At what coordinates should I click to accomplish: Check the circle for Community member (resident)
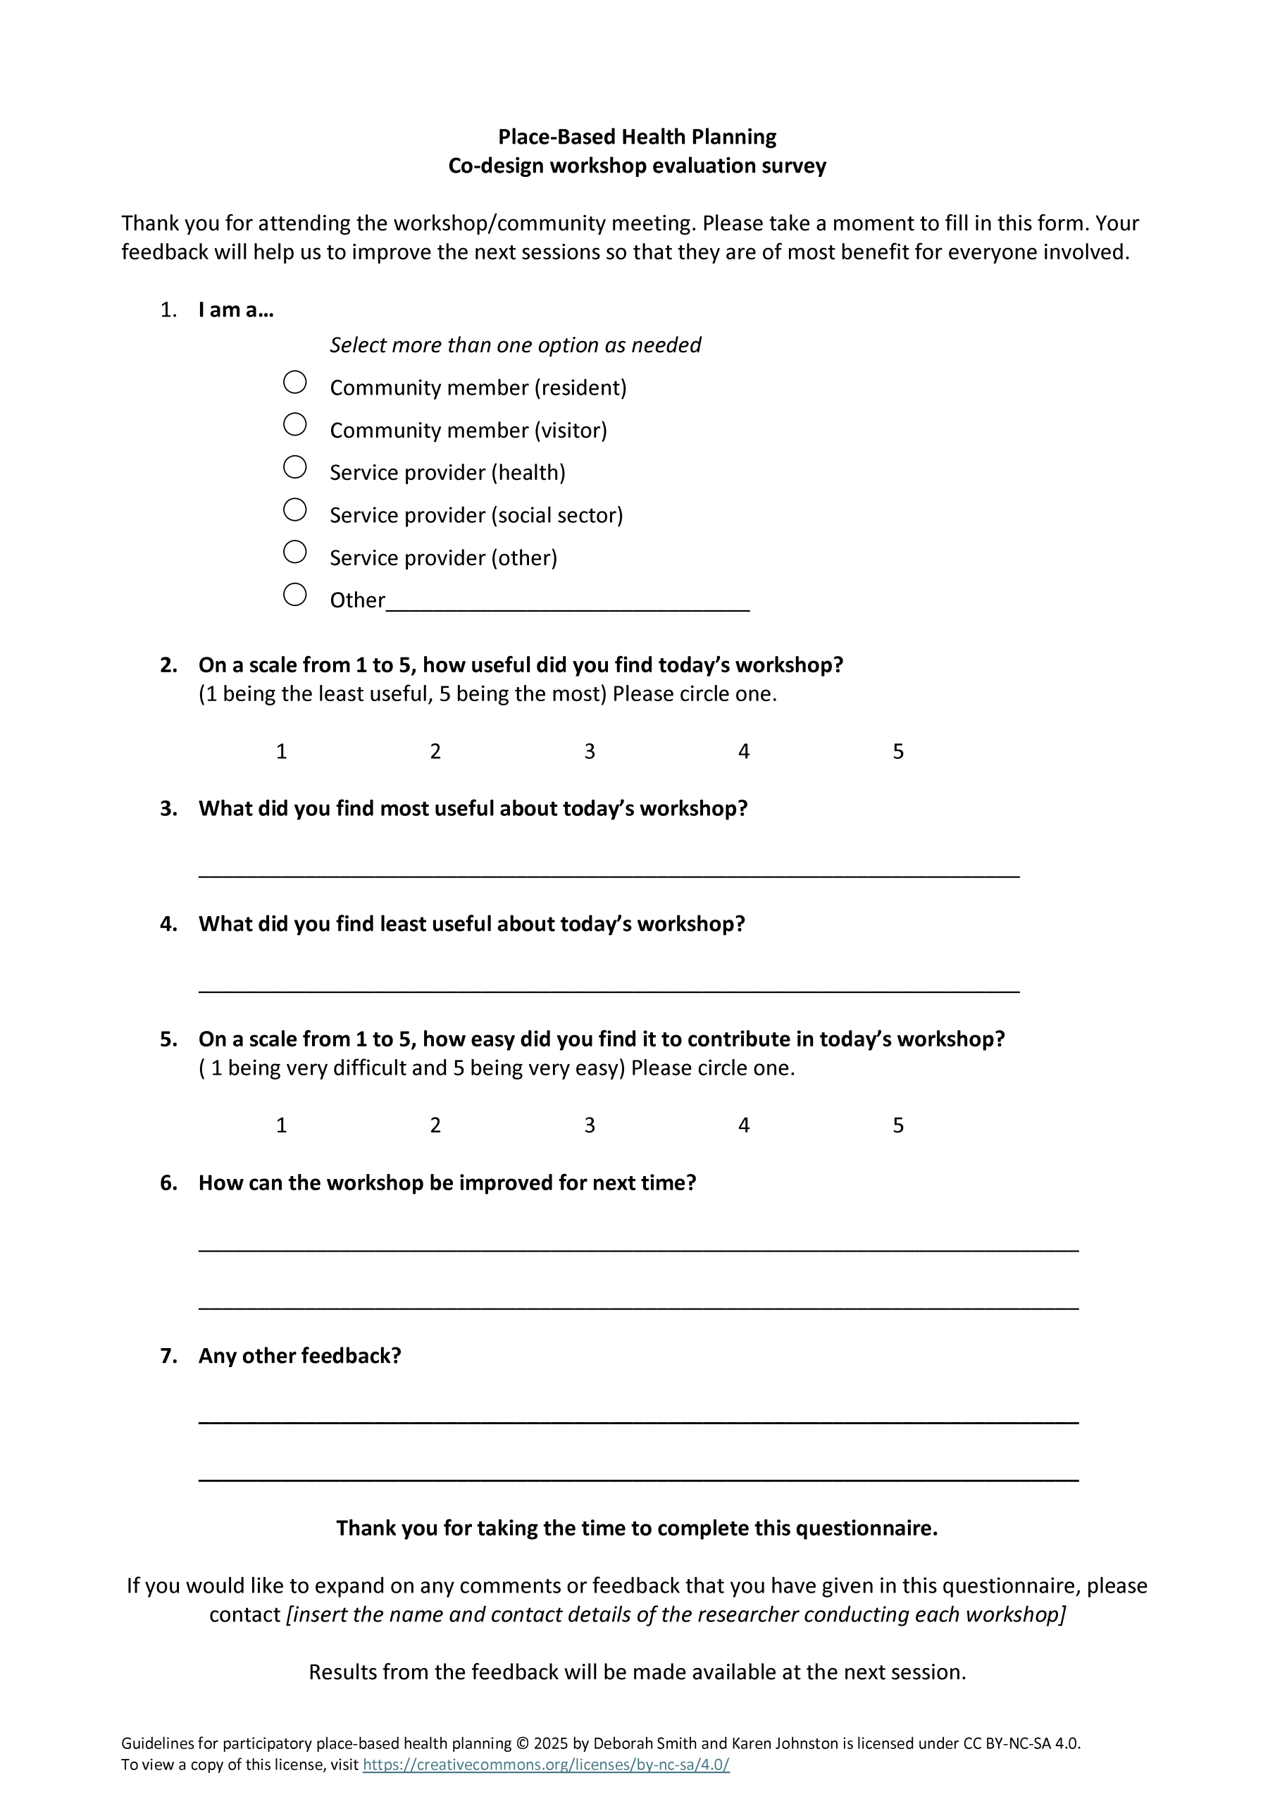pyautogui.click(x=294, y=383)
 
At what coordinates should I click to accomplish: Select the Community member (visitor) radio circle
pyautogui.click(x=294, y=425)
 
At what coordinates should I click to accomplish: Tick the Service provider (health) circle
pyautogui.click(x=294, y=467)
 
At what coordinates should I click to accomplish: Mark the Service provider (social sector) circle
pyautogui.click(x=294, y=510)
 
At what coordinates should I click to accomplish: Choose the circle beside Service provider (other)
pyautogui.click(x=294, y=552)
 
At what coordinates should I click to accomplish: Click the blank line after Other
pyautogui.click(x=567, y=602)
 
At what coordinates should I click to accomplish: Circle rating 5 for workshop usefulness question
pyautogui.click(x=898, y=752)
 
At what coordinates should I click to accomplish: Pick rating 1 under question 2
pyautogui.click(x=281, y=752)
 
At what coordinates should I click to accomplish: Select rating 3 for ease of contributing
pyautogui.click(x=589, y=1126)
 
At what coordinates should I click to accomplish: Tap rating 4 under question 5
pyautogui.click(x=743, y=1126)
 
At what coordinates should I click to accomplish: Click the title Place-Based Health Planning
pyautogui.click(x=637, y=137)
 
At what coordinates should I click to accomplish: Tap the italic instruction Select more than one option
pyautogui.click(x=514, y=345)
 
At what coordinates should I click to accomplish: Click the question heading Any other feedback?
pyautogui.click(x=299, y=1355)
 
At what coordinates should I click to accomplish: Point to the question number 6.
pyautogui.click(x=168, y=1182)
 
